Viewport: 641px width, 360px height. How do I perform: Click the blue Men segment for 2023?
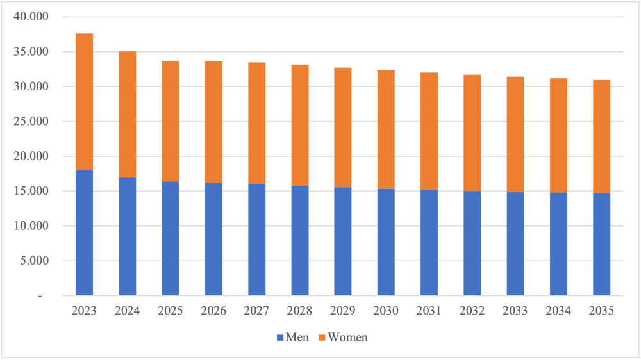click(84, 233)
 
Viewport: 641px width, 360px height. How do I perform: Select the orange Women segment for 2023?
click(84, 102)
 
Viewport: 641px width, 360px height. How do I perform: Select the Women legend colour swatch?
click(322, 337)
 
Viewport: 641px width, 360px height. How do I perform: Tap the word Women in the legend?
click(347, 337)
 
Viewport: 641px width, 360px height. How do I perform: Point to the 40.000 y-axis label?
click(30, 17)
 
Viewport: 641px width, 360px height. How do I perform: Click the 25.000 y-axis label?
click(30, 122)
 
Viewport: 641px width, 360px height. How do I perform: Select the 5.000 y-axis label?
click(33, 261)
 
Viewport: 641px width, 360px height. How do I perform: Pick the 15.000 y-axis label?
click(30, 191)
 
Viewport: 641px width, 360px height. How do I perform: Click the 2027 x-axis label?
click(256, 311)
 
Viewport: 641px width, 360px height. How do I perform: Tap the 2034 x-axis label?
click(558, 311)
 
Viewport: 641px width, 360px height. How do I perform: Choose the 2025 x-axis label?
click(171, 311)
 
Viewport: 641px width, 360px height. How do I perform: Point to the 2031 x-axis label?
click(429, 311)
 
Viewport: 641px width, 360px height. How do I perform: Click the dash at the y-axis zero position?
click(40, 296)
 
